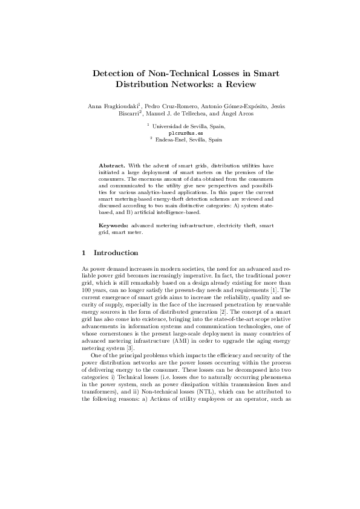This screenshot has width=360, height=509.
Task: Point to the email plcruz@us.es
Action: (181, 132)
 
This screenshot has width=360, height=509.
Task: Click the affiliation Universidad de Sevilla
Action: (180, 126)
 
